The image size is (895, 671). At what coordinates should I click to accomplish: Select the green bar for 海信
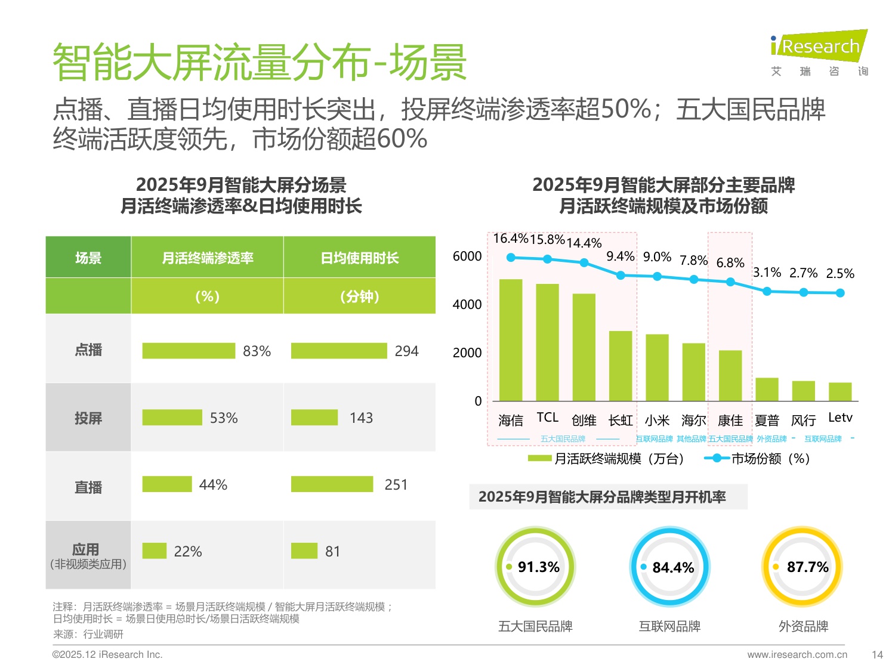510,340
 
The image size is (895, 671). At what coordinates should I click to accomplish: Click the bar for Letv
840,391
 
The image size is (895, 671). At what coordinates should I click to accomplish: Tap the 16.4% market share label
510,239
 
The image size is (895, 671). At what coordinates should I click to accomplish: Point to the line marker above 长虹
621,276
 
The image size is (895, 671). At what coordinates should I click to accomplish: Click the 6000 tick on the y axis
467,256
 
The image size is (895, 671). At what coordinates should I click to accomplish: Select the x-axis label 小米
657,420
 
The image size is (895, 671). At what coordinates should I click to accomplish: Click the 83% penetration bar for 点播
189,351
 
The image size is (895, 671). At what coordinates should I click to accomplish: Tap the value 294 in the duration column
406,351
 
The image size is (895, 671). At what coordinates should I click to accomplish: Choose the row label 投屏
88,418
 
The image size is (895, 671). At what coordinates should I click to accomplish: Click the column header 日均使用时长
359,258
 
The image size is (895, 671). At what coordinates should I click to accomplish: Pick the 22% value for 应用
188,552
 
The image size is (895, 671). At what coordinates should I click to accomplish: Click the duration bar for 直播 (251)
332,484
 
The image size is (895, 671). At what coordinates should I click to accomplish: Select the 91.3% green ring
535,567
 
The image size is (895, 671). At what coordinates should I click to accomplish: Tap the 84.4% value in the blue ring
673,567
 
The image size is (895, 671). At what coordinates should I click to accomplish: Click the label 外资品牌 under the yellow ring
803,626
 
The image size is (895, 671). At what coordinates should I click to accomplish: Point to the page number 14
877,654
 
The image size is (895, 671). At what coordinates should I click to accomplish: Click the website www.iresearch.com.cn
797,654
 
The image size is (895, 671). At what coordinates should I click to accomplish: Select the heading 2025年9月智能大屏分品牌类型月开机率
602,497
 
